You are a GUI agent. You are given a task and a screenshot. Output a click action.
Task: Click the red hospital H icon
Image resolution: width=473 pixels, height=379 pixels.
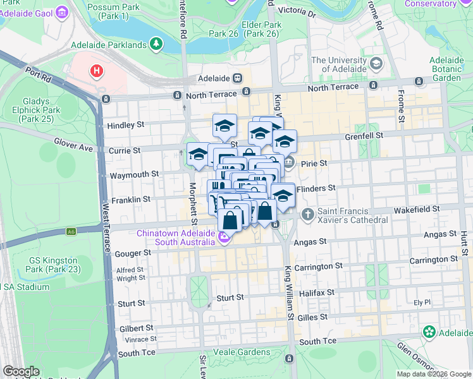pyautogui.click(x=97, y=71)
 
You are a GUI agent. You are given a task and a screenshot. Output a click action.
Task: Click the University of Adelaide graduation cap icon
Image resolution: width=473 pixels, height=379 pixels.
pyautogui.click(x=376, y=64)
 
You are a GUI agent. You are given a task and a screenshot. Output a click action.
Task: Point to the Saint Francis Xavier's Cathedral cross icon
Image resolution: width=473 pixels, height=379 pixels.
pyautogui.click(x=307, y=214)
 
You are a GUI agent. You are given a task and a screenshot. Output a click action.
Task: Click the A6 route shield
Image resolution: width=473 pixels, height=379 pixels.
pyautogui.click(x=70, y=232)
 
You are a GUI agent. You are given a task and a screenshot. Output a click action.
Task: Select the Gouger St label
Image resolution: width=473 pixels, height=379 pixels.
pyautogui.click(x=133, y=253)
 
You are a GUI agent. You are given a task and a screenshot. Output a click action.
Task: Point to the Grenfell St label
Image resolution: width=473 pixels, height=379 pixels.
pyautogui.click(x=364, y=136)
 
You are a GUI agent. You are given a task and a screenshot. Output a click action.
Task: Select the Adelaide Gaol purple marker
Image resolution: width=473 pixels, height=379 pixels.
pyautogui.click(x=61, y=12)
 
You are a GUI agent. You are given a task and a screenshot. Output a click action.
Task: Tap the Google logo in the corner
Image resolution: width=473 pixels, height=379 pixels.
pyautogui.click(x=21, y=371)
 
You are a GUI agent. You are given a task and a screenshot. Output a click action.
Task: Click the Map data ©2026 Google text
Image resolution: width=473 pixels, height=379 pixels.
pyautogui.click(x=434, y=374)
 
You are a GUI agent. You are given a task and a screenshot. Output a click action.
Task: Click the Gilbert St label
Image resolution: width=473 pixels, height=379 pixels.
pyautogui.click(x=136, y=328)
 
